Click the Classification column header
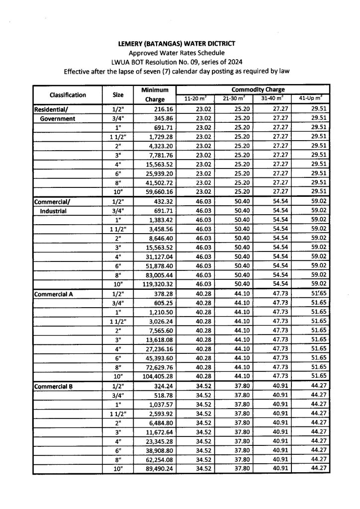pos(68,95)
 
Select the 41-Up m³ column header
pos(311,99)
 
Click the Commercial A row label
pos(53,294)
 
